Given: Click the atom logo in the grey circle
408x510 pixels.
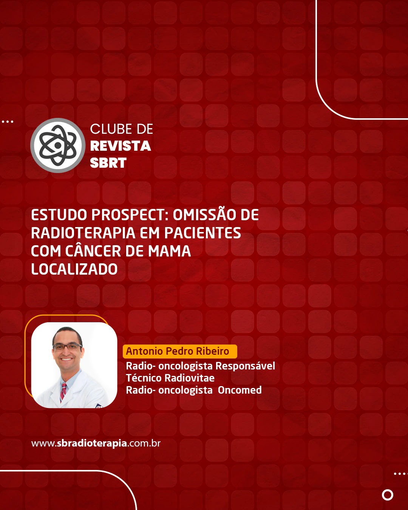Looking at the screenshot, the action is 57,145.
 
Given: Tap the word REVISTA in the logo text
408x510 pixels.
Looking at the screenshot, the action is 121,146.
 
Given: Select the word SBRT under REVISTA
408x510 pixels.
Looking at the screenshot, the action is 108,163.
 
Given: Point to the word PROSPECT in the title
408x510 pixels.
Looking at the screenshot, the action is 130,215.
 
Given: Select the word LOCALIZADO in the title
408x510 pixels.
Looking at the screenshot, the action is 74,269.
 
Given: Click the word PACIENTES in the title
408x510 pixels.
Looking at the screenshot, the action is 202,233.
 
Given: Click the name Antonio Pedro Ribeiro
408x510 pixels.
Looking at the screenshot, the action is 177,351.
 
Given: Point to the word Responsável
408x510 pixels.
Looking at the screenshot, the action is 245,366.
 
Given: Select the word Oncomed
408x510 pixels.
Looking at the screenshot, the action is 240,390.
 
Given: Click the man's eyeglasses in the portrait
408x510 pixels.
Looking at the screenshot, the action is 67,347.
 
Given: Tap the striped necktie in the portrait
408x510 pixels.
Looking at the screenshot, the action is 63,391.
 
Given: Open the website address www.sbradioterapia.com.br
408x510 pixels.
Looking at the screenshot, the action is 96,443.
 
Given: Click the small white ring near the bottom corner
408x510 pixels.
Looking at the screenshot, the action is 388,495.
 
